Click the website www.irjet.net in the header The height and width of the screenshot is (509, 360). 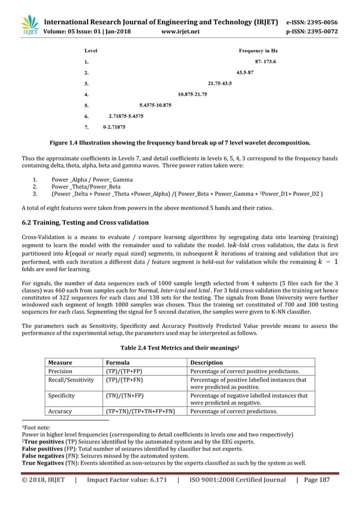coord(181,32)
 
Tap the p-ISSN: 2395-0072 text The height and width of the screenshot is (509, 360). coord(313,32)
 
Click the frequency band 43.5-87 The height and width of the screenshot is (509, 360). coord(245,73)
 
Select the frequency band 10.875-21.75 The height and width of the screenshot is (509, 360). coord(192,94)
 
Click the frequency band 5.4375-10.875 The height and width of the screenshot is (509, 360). coord(155,105)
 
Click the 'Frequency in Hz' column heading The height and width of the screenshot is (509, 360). coord(258,50)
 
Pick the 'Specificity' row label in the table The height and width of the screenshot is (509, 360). coord(62,396)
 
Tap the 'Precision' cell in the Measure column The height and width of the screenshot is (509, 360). coord(60,371)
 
